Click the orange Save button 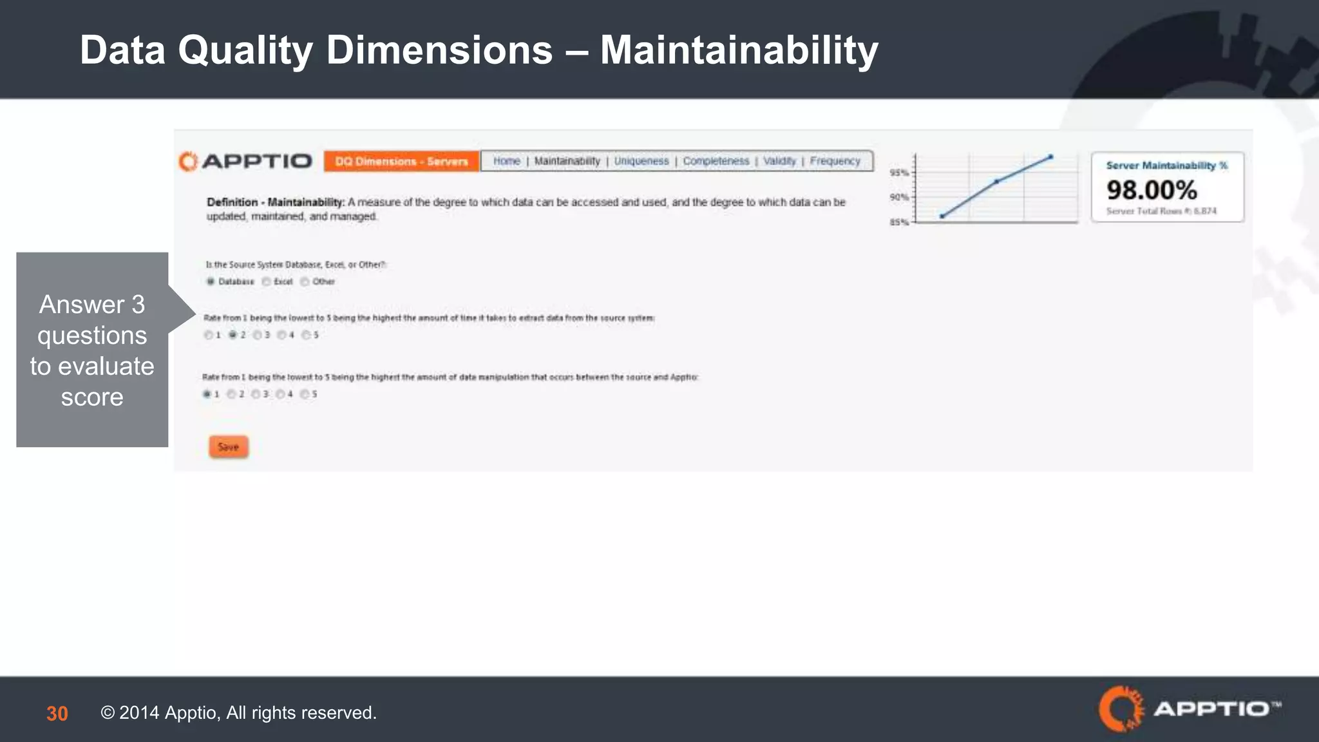[x=228, y=447]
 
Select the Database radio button [x=211, y=281]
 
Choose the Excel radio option [x=266, y=281]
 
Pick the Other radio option [x=305, y=281]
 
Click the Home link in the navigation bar [x=506, y=161]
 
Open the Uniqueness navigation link [x=641, y=161]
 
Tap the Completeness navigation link [x=716, y=161]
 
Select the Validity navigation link [x=779, y=161]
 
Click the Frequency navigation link [x=835, y=161]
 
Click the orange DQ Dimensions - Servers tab [x=401, y=161]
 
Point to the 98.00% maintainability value [x=1152, y=190]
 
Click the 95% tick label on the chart [x=898, y=173]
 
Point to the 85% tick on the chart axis [x=898, y=222]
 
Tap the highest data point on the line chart [x=1051, y=157]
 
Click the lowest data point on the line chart [x=942, y=216]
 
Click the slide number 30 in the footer [x=57, y=714]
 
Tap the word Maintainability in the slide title [x=739, y=50]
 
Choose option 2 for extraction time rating [x=232, y=335]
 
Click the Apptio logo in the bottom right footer [x=1189, y=709]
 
